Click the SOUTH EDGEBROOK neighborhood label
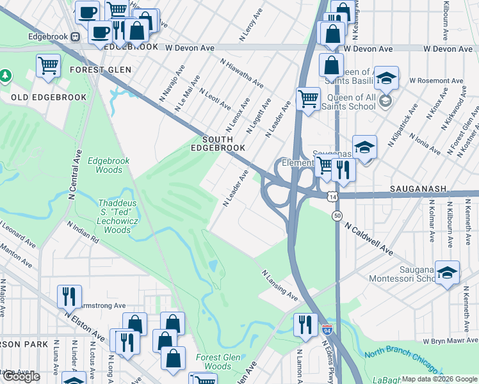click(x=223, y=143)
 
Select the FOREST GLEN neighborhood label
click(x=101, y=70)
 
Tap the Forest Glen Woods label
click(x=213, y=362)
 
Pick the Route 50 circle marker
click(x=337, y=216)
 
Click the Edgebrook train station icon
click(x=76, y=36)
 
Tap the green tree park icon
click(x=6, y=76)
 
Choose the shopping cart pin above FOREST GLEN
click(x=49, y=65)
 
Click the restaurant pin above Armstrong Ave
click(x=69, y=296)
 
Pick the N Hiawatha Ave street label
click(x=241, y=74)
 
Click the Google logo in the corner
click(x=21, y=376)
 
